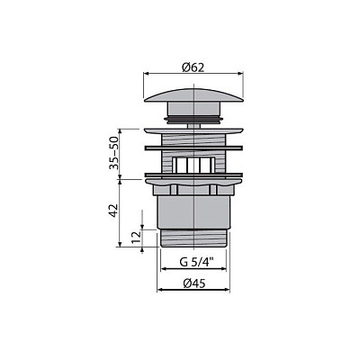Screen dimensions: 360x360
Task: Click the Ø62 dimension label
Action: pos(193,68)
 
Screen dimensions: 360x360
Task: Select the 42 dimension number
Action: pos(113,210)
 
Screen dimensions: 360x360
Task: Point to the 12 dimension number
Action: pos(136,238)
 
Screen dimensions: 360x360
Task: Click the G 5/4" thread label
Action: pos(193,262)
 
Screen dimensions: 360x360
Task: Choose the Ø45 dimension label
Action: pos(194,283)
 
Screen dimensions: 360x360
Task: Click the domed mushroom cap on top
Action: pos(193,94)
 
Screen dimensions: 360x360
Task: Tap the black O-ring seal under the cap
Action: pos(193,120)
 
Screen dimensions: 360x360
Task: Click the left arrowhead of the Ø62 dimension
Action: pos(147,73)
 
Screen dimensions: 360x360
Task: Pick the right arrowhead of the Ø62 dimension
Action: pos(240,73)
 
